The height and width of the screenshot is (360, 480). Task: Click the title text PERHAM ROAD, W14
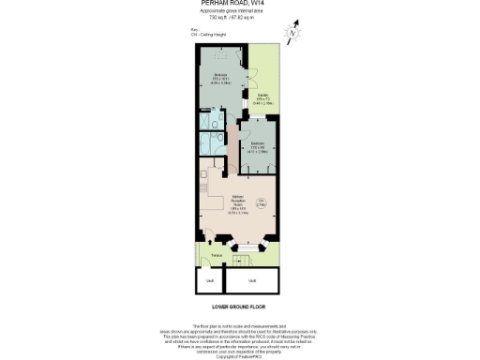[239, 4]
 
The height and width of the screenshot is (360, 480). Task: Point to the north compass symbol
[292, 34]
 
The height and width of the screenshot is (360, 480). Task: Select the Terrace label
[215, 254]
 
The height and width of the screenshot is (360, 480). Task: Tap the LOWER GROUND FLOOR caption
[239, 307]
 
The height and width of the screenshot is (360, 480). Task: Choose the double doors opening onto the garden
[255, 80]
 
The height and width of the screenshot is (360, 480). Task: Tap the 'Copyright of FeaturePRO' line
[239, 357]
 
